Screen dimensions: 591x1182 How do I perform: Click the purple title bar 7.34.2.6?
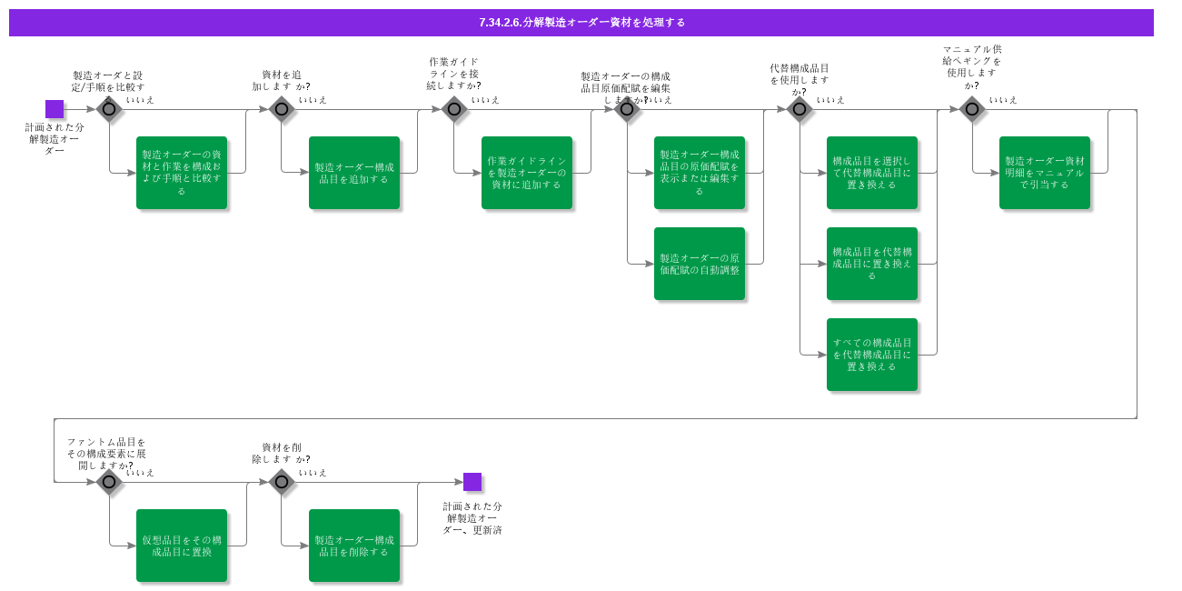(581, 22)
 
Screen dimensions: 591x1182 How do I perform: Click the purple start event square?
(55, 109)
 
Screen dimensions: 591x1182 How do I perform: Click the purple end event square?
(472, 482)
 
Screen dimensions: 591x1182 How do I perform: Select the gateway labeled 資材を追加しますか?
(282, 109)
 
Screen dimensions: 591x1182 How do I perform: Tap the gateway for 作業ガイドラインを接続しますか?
(454, 109)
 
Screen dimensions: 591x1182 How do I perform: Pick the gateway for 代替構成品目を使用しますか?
(800, 109)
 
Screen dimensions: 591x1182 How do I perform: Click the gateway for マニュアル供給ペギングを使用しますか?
(972, 109)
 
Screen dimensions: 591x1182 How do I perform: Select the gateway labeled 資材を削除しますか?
(282, 482)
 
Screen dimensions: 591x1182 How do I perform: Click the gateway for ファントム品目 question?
(109, 482)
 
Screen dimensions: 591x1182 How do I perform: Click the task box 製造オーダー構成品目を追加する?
(354, 173)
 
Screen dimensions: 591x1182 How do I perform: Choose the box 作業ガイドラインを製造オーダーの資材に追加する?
(527, 173)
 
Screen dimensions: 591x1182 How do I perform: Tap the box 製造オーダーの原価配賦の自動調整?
(700, 264)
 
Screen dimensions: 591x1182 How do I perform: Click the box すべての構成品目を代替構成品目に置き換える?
(872, 355)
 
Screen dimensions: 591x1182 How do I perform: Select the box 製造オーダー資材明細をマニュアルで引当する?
(1045, 173)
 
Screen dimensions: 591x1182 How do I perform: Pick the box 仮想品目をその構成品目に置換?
(182, 546)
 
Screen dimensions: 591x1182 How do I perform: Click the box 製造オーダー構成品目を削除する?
(354, 546)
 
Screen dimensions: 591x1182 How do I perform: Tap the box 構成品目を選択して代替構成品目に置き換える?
(872, 173)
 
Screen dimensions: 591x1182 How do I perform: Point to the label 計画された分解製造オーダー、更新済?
(472, 518)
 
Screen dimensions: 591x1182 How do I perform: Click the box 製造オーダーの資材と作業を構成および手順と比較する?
(182, 173)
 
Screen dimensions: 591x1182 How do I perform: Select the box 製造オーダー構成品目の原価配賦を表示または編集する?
(700, 173)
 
